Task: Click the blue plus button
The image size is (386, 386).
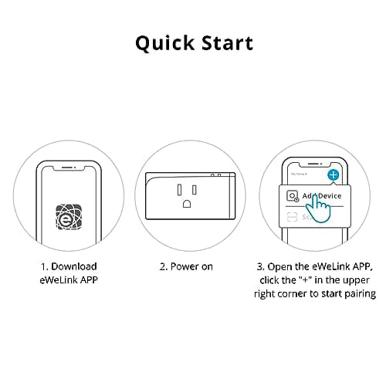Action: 333,175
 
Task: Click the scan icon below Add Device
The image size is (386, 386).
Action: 291,218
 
